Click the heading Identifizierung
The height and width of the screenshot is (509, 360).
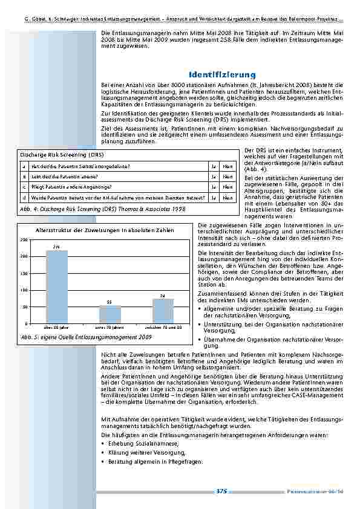(222, 74)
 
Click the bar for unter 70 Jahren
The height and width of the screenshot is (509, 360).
(110, 314)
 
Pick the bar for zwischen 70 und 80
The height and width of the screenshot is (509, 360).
(163, 311)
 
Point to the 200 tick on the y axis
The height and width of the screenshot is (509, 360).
(24, 257)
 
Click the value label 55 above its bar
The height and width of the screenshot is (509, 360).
(110, 302)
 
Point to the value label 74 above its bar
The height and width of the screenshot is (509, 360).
(163, 295)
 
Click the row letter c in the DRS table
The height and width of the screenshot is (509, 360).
(24, 187)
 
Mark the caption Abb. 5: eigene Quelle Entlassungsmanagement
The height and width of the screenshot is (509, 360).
(86, 337)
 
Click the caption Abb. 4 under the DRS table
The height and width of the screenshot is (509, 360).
(102, 209)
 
